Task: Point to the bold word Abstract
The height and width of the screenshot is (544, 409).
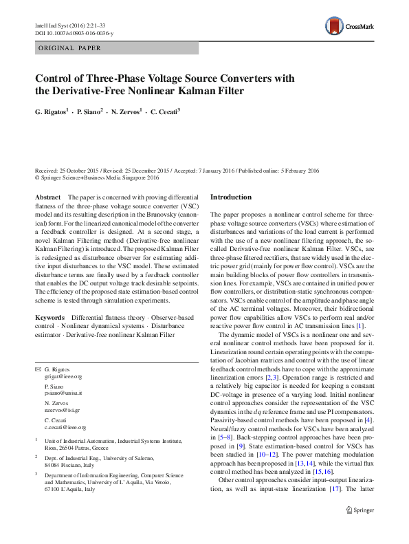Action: pos(47,197)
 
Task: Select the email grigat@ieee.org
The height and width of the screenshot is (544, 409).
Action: pos(63,377)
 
